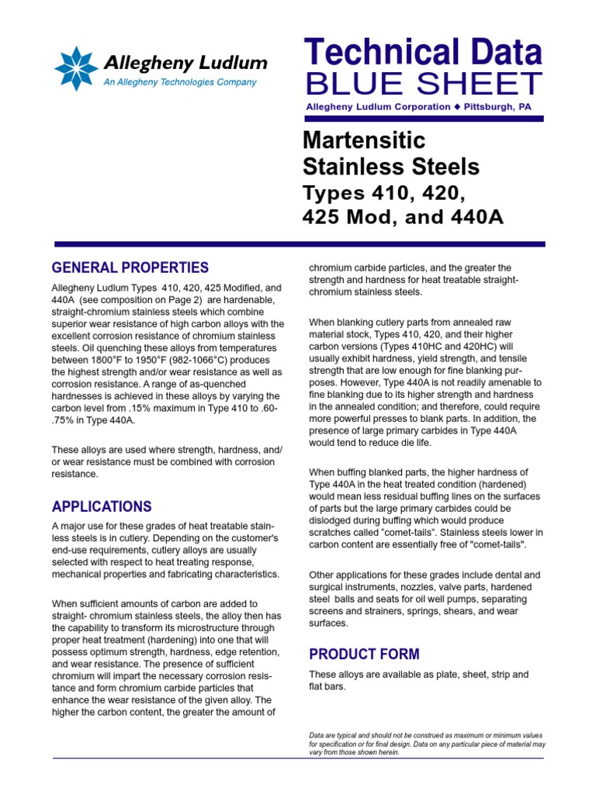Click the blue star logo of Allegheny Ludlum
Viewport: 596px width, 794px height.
76,69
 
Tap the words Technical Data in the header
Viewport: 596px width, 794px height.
422,53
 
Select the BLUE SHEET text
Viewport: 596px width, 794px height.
422,84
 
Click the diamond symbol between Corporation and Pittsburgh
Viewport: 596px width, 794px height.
457,107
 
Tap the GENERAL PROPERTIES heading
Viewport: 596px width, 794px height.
130,268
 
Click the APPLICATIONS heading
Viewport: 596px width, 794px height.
102,507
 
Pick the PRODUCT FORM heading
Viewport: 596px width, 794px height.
364,654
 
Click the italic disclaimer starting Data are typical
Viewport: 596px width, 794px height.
426,744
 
